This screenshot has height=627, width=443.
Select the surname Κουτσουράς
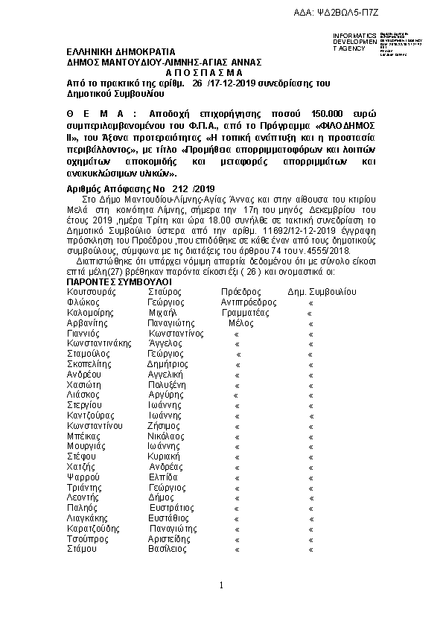click(x=91, y=293)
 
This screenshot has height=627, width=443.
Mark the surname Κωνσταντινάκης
click(x=99, y=344)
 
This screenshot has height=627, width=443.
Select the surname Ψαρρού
click(x=83, y=477)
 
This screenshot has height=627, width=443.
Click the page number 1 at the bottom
click(x=222, y=586)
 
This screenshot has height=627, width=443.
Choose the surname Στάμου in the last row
click(x=82, y=548)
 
